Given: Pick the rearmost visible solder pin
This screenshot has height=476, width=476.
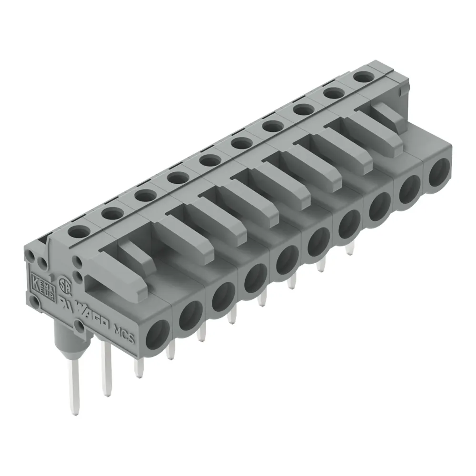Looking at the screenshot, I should [350, 248].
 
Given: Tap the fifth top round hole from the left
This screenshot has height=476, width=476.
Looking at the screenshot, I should [210, 160].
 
